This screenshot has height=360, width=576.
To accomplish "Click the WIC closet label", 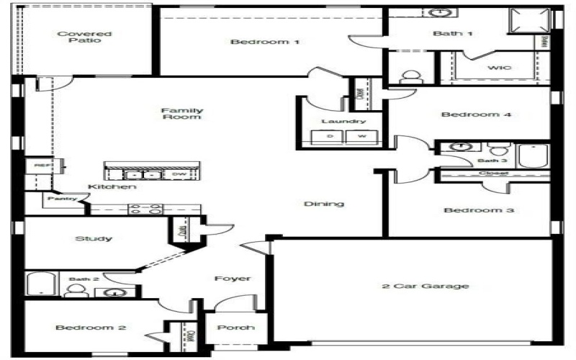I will tap(499, 68).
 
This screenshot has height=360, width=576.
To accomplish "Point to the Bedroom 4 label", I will tap(470, 114).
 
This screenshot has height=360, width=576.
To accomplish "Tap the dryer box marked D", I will tap(330, 136).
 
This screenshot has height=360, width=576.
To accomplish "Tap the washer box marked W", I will tap(362, 136).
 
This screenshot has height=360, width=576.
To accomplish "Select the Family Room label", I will tap(181, 114).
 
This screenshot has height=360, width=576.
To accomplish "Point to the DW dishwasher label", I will tap(177, 174).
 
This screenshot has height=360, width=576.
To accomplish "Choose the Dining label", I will tap(323, 204).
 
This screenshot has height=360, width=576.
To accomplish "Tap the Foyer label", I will tap(232, 279).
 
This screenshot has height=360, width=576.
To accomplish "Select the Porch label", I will tap(235, 328).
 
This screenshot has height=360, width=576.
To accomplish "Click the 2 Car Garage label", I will tap(425, 286).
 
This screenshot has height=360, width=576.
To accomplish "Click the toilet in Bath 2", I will tap(75, 290).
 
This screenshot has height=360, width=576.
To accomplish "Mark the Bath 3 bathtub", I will tap(533, 156).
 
